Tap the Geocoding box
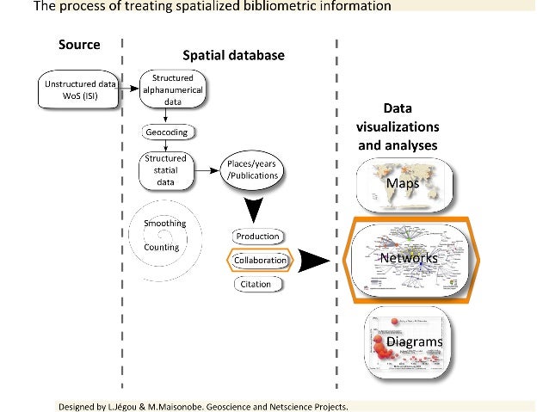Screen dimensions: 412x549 166,133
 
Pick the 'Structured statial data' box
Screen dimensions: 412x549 165,169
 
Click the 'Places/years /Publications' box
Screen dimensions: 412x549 252,169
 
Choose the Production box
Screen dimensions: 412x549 257,236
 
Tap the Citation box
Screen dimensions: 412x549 256,284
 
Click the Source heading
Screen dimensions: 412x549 79,45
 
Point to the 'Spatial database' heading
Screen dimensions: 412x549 232,55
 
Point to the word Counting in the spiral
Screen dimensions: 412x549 161,247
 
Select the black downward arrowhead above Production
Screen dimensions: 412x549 252,209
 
